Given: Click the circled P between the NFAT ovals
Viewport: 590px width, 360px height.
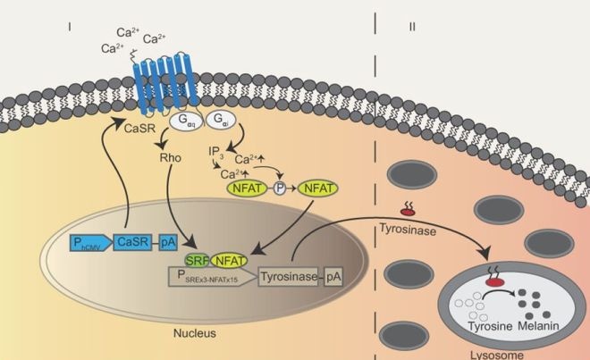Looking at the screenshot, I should tap(278, 189).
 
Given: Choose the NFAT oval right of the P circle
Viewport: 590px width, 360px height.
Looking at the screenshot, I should tap(315, 188).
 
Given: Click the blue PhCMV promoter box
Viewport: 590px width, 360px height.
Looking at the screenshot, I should tap(89, 241).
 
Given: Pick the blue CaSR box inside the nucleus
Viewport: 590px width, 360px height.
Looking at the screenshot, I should tap(135, 241).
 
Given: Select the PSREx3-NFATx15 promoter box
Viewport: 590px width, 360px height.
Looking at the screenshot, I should tap(206, 278).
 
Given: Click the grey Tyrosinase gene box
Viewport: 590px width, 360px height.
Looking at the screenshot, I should tap(288, 278).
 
